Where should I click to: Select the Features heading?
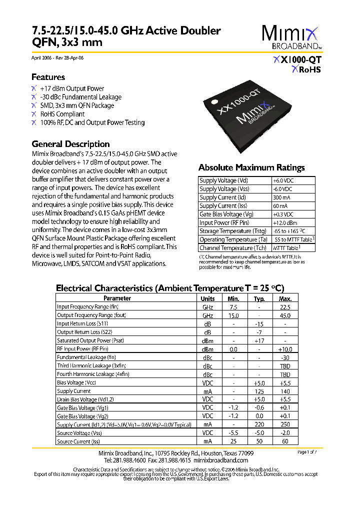coord(48,77)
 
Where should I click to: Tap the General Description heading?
coord(70,144)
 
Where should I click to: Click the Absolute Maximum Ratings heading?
coord(251,167)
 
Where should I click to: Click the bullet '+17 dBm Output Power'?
coord(72,88)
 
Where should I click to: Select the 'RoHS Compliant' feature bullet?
coord(62,114)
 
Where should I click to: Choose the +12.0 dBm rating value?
coord(285,223)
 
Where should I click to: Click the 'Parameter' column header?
coord(117,298)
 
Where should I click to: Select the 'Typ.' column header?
coord(259,298)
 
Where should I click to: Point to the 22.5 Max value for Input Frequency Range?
coord(285,307)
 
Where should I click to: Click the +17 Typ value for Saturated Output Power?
coord(259,340)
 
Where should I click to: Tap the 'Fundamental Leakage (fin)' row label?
coord(86,357)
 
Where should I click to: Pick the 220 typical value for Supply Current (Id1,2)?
coord(259,425)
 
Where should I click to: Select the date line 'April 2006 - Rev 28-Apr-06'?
coord(57,58)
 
